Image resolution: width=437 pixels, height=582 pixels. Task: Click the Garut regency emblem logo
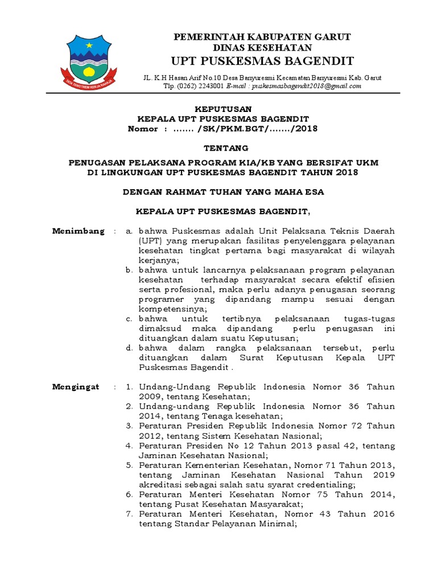click(x=92, y=59)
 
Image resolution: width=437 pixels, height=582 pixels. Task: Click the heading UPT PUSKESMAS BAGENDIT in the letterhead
click(x=262, y=61)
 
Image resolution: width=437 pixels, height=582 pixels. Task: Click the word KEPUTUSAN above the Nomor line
click(x=224, y=109)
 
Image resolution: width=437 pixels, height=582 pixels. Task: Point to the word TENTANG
click(x=223, y=148)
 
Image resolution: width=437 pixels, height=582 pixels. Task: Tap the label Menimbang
click(x=79, y=231)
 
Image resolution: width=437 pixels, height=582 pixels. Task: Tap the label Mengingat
click(x=76, y=387)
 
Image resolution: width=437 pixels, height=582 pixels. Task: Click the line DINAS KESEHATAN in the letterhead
click(x=262, y=48)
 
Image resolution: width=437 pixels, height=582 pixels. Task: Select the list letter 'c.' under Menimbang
click(x=129, y=319)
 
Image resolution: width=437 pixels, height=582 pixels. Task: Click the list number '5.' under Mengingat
click(x=129, y=465)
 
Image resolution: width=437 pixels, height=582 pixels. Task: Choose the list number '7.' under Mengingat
click(x=129, y=514)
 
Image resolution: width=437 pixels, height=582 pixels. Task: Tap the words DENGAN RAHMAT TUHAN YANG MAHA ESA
click(x=224, y=192)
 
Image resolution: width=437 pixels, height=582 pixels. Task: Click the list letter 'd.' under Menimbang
click(x=129, y=348)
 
